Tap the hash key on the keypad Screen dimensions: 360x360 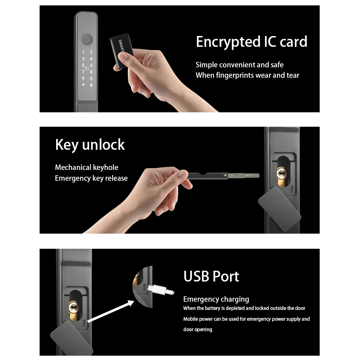(91, 85)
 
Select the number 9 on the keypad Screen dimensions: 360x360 (83, 78)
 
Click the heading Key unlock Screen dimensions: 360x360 (90, 145)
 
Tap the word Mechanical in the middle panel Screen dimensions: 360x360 (73, 167)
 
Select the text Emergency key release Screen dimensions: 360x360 (91, 178)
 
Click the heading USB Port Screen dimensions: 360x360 (211, 276)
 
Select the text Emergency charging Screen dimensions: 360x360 (216, 299)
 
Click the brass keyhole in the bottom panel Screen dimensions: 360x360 (73, 308)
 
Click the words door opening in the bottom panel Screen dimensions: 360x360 (198, 329)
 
